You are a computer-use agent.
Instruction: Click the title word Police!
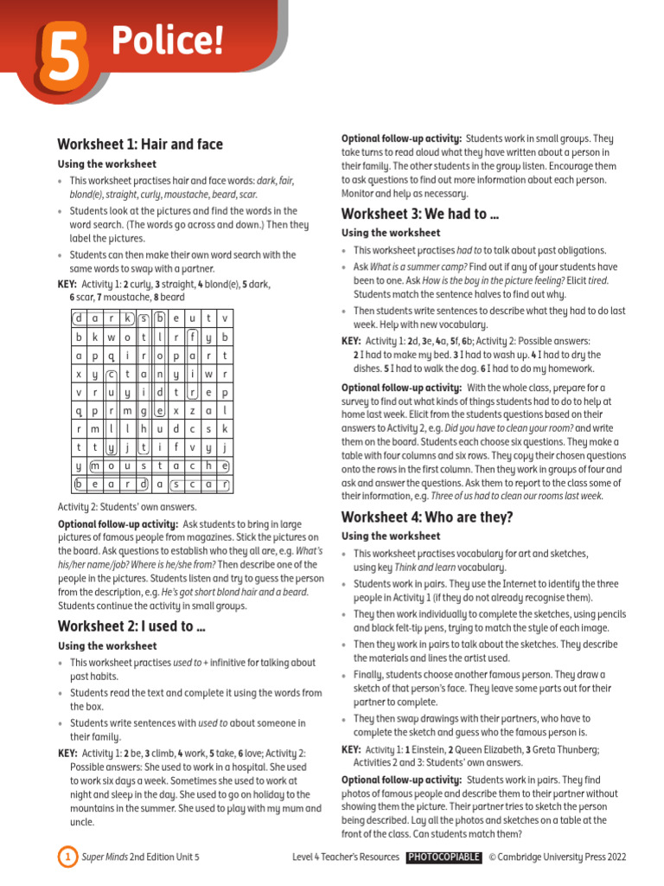click(160, 39)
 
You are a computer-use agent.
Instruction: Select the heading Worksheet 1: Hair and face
click(139, 144)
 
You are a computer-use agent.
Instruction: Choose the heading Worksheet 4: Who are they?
click(427, 517)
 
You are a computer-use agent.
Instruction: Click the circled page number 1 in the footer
click(67, 857)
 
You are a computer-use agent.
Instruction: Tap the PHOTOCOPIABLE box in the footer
click(444, 857)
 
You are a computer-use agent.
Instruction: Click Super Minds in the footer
click(105, 857)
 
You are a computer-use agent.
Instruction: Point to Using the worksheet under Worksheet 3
click(391, 233)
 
